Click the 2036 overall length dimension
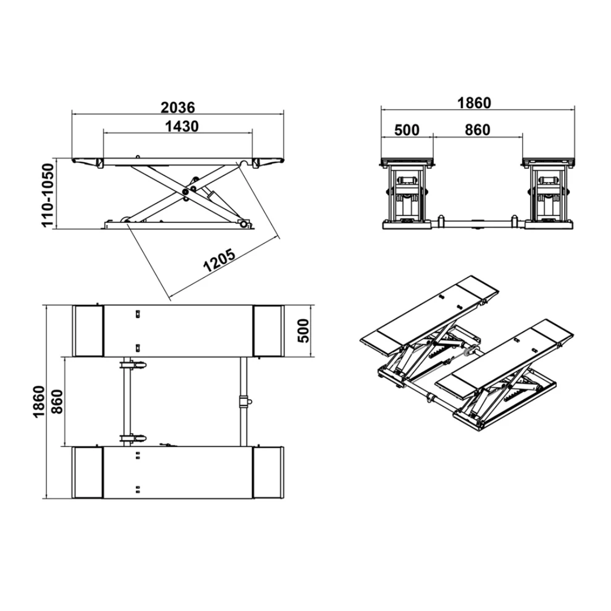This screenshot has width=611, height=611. pos(178,107)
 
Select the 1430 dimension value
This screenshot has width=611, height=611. pos(182,127)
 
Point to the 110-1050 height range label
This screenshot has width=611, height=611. pos(48,196)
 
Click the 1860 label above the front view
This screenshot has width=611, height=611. pos(474,103)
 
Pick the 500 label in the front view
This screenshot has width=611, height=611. pos(407,130)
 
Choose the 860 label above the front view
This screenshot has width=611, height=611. pos(477,130)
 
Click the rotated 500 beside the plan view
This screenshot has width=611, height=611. pos(303,331)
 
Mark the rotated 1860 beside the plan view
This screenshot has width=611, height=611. pos(40,402)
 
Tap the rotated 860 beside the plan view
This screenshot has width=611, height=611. pos(57,402)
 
